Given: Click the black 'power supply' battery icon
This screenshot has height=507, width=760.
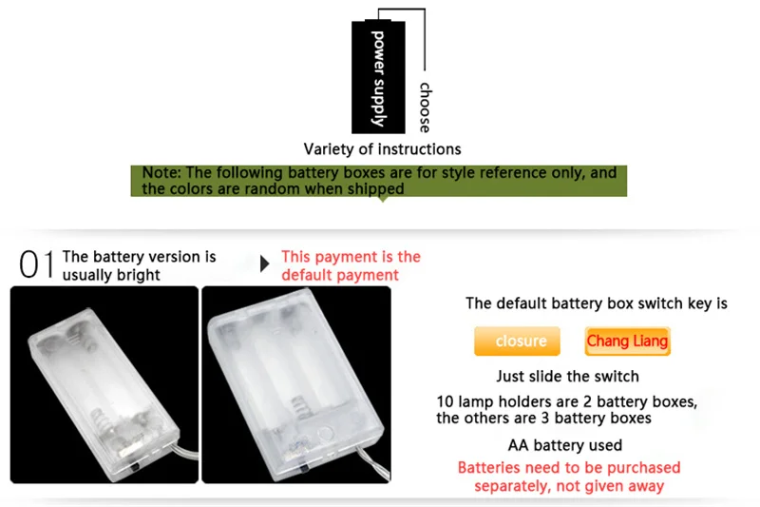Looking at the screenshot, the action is (x=377, y=76).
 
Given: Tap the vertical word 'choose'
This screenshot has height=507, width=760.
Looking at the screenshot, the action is (x=425, y=107).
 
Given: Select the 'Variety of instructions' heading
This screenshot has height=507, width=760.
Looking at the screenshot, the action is (x=382, y=149).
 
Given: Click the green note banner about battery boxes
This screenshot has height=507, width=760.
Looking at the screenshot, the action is (x=379, y=181).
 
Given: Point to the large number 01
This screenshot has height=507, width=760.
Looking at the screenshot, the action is (x=37, y=265).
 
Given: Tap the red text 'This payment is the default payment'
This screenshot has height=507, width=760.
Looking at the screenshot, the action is (x=351, y=265).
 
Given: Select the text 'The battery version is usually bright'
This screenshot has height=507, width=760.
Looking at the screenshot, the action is (x=139, y=265).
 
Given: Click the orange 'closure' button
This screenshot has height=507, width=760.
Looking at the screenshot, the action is (x=521, y=341).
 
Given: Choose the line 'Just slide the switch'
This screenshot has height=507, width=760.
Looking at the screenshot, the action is (x=567, y=376).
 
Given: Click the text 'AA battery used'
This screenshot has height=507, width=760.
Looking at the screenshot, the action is (x=565, y=445).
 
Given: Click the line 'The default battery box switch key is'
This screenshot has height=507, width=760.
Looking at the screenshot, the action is (x=596, y=303).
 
